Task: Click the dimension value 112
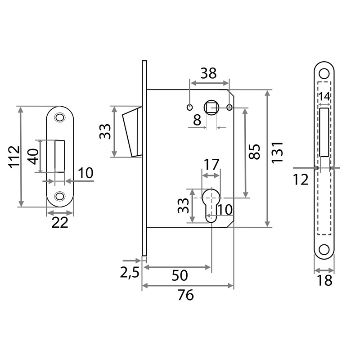click(14, 157)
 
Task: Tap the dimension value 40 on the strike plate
click(33, 156)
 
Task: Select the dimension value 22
click(60, 222)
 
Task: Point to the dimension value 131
click(277, 153)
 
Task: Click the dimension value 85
click(254, 152)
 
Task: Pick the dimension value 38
click(208, 73)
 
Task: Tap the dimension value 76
click(185, 295)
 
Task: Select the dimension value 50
click(180, 275)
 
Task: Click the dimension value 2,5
click(130, 273)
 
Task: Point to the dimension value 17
click(211, 164)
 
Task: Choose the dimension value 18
click(324, 280)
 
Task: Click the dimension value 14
click(324, 96)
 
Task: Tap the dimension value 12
click(301, 180)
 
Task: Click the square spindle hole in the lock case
click(211, 107)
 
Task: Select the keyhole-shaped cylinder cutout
click(211, 205)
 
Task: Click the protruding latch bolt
click(132, 132)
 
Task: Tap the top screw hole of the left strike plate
click(60, 117)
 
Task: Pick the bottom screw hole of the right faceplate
click(324, 250)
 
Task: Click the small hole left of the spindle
click(189, 107)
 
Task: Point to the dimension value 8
click(197, 120)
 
